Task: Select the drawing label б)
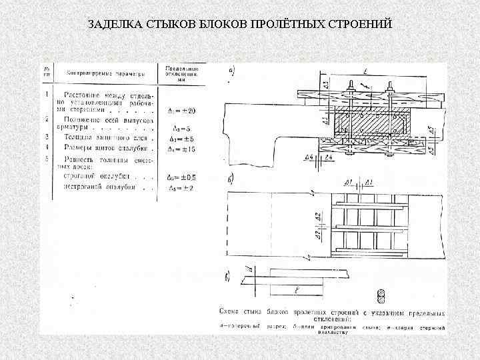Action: (x=231, y=182)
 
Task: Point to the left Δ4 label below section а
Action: (x=309, y=157)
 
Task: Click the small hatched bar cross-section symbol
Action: (x=381, y=295)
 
